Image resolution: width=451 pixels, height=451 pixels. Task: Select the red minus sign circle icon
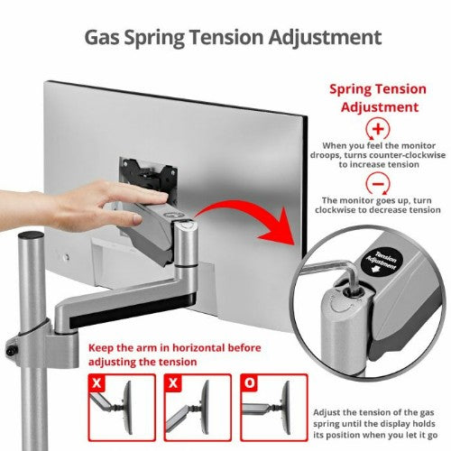click(x=378, y=184)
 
